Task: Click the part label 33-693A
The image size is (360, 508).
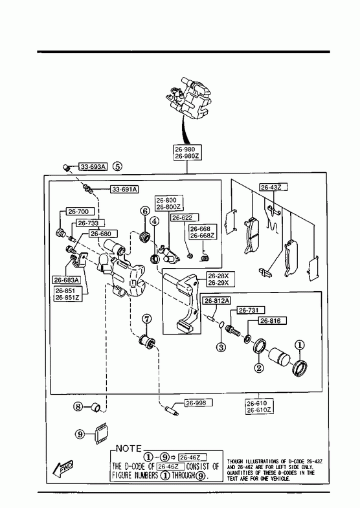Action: click(93, 167)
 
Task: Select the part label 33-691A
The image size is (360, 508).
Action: click(124, 189)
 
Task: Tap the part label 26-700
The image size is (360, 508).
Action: click(78, 212)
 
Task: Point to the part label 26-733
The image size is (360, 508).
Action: click(88, 223)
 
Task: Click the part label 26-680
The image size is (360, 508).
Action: click(100, 234)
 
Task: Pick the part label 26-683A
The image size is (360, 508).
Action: click(67, 280)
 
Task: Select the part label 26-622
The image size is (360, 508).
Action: click(182, 217)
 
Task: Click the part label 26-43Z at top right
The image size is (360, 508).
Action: click(271, 187)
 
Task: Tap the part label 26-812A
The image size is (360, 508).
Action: click(217, 301)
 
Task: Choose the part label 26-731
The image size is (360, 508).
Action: click(248, 310)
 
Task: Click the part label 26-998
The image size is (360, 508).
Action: click(196, 403)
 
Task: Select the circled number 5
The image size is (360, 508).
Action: click(118, 166)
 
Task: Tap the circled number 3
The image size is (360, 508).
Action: click(221, 348)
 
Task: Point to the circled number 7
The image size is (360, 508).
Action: click(146, 319)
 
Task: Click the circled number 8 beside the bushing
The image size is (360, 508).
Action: click(78, 406)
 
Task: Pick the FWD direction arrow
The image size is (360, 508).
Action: click(63, 468)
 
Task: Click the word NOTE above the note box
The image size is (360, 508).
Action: click(129, 448)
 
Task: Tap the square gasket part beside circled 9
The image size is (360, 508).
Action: click(102, 434)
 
